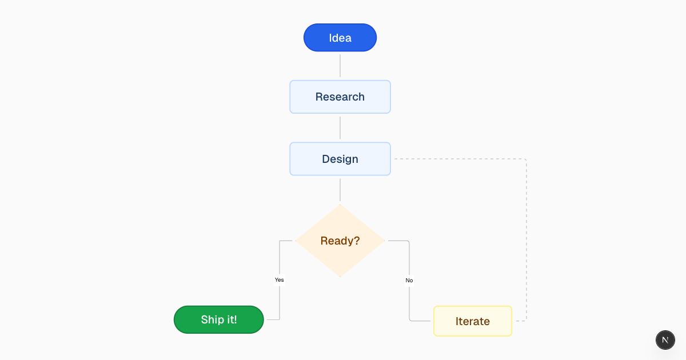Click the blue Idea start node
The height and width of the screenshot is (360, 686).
340,38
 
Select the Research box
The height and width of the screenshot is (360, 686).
340,97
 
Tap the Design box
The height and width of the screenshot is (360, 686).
340,159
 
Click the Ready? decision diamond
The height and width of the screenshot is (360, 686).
340,241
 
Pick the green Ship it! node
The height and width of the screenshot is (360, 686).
219,319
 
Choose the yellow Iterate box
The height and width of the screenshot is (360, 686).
473,321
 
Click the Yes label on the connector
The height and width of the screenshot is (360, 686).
279,280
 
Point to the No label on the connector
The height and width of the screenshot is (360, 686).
409,281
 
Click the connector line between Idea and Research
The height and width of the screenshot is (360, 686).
340,66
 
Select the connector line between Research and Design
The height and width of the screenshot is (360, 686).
340,127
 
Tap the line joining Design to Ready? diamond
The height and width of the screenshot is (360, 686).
340,190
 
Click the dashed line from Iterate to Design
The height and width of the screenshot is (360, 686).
526,240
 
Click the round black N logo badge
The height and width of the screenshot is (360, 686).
665,339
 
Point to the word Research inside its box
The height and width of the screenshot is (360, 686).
340,97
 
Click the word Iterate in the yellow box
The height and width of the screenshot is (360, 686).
473,321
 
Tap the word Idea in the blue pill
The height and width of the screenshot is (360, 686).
340,38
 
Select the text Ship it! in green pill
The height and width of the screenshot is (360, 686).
219,319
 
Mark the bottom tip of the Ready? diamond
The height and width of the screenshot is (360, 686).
340,277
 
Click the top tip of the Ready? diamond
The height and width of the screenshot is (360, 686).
340,205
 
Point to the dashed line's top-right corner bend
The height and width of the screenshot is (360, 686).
525,159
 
